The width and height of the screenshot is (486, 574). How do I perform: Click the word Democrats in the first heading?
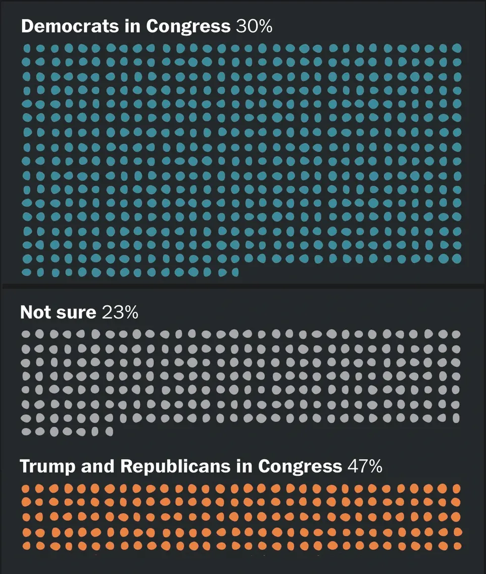tap(63, 26)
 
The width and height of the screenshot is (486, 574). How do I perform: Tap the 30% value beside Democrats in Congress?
tap(254, 26)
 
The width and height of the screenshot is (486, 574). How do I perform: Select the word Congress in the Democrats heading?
tap(188, 26)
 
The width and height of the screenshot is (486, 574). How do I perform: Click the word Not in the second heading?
tap(35, 312)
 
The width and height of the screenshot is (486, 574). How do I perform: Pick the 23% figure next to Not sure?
tap(120, 312)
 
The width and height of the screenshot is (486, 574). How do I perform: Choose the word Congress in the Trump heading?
tap(300, 466)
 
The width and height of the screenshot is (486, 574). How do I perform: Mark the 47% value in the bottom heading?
tap(364, 466)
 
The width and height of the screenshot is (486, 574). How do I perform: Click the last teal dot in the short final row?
tap(235, 272)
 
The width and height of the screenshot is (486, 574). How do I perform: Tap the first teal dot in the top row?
tap(27, 48)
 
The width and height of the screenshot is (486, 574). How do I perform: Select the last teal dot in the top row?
tap(457, 48)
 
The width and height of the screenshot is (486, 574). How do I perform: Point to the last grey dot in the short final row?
tap(109, 431)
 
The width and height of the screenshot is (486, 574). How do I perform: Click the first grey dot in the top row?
tap(26, 334)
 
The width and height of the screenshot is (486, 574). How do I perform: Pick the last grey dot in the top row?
tap(456, 334)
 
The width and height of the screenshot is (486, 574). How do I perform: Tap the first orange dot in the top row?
tap(26, 489)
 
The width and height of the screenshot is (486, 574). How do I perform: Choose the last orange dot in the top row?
tap(457, 489)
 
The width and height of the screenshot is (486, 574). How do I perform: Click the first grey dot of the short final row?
tap(26, 431)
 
